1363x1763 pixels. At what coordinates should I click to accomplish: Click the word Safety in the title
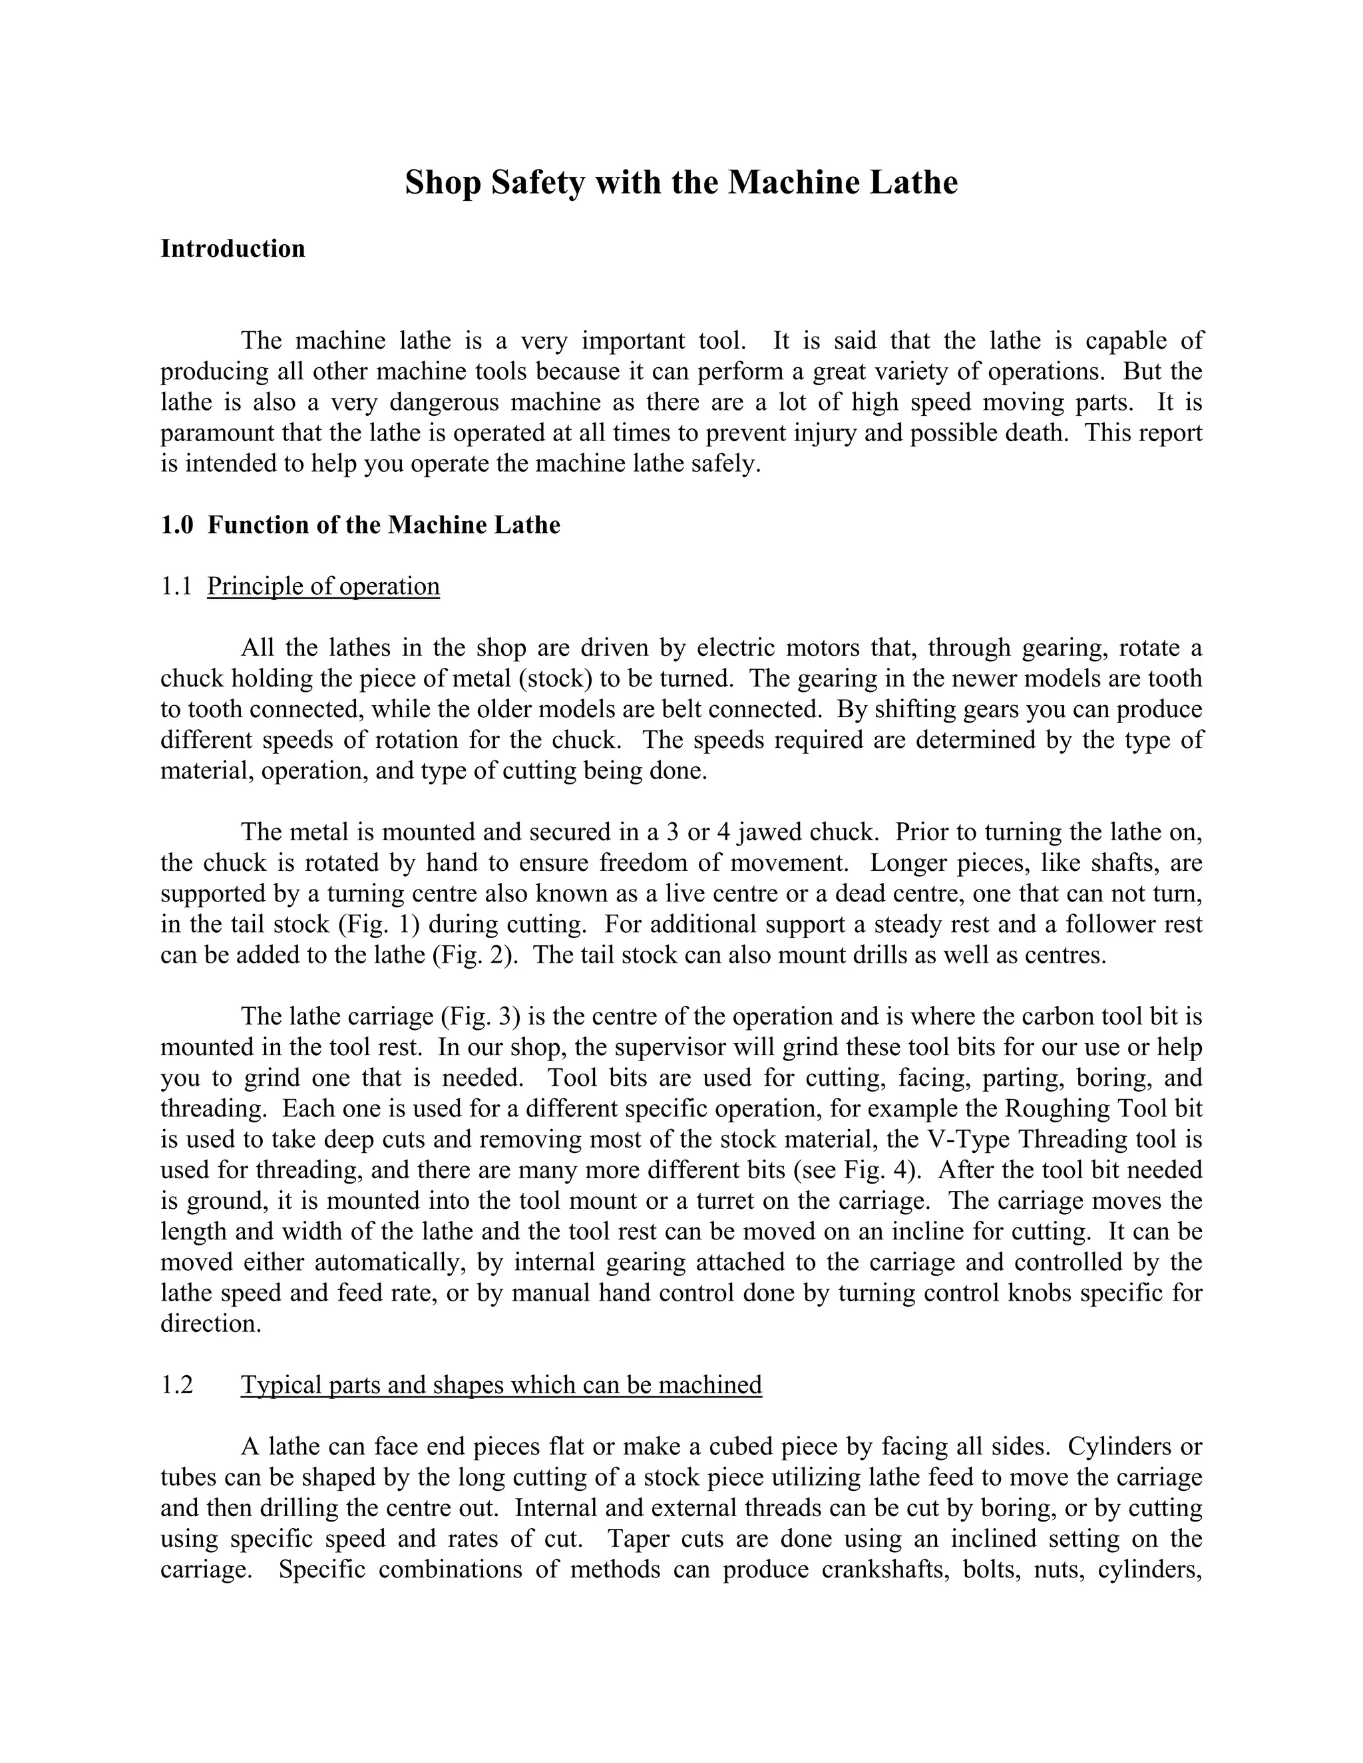click(x=534, y=182)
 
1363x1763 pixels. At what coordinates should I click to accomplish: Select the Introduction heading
click(x=232, y=249)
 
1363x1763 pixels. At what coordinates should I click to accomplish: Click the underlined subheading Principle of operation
click(x=323, y=586)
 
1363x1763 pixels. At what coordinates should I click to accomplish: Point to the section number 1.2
click(x=177, y=1385)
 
